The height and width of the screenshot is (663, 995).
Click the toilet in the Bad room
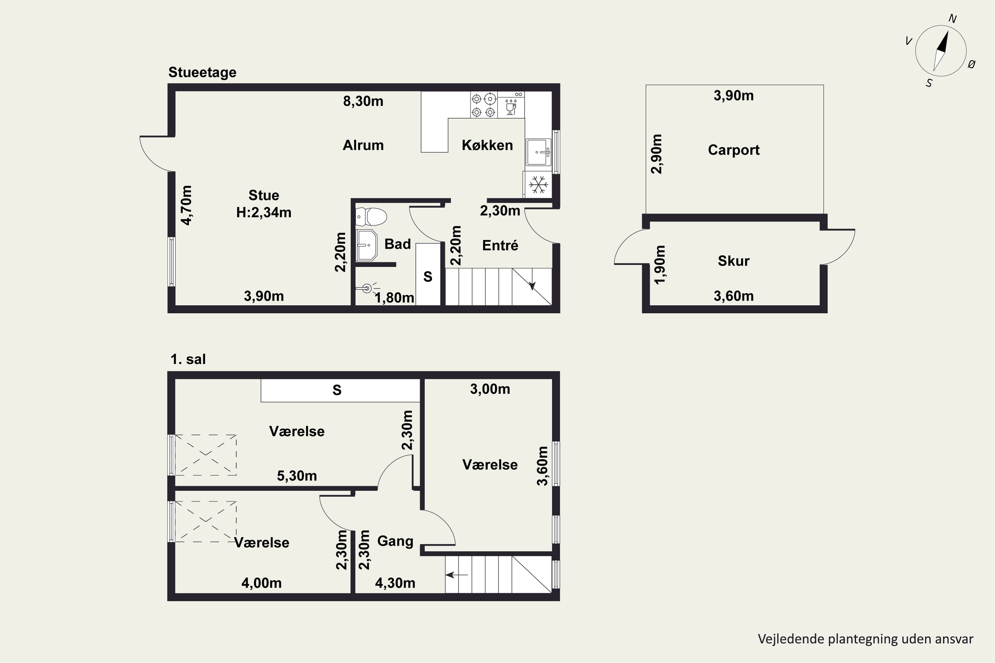[x=371, y=217]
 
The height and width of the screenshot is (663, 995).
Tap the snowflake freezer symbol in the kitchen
[x=539, y=185]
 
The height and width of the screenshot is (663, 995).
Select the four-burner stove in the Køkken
[x=484, y=105]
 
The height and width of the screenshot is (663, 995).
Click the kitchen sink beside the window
[x=539, y=152]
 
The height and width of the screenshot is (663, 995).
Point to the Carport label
[x=734, y=150]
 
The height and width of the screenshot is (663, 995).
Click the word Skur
[x=734, y=261]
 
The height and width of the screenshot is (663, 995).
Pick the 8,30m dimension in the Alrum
[x=363, y=101]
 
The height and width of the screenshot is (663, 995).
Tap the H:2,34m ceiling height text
[x=264, y=212]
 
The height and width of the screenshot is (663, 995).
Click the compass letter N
[x=953, y=19]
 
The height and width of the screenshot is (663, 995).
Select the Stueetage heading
[x=202, y=72]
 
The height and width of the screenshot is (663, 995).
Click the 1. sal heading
[x=188, y=359]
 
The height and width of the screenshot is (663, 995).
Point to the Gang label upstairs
[x=395, y=541]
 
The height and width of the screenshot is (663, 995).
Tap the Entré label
[x=500, y=245]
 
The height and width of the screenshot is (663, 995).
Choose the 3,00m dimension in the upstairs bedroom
[x=490, y=389]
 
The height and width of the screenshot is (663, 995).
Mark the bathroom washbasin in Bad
[x=366, y=245]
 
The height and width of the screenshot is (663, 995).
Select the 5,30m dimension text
[x=297, y=476]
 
